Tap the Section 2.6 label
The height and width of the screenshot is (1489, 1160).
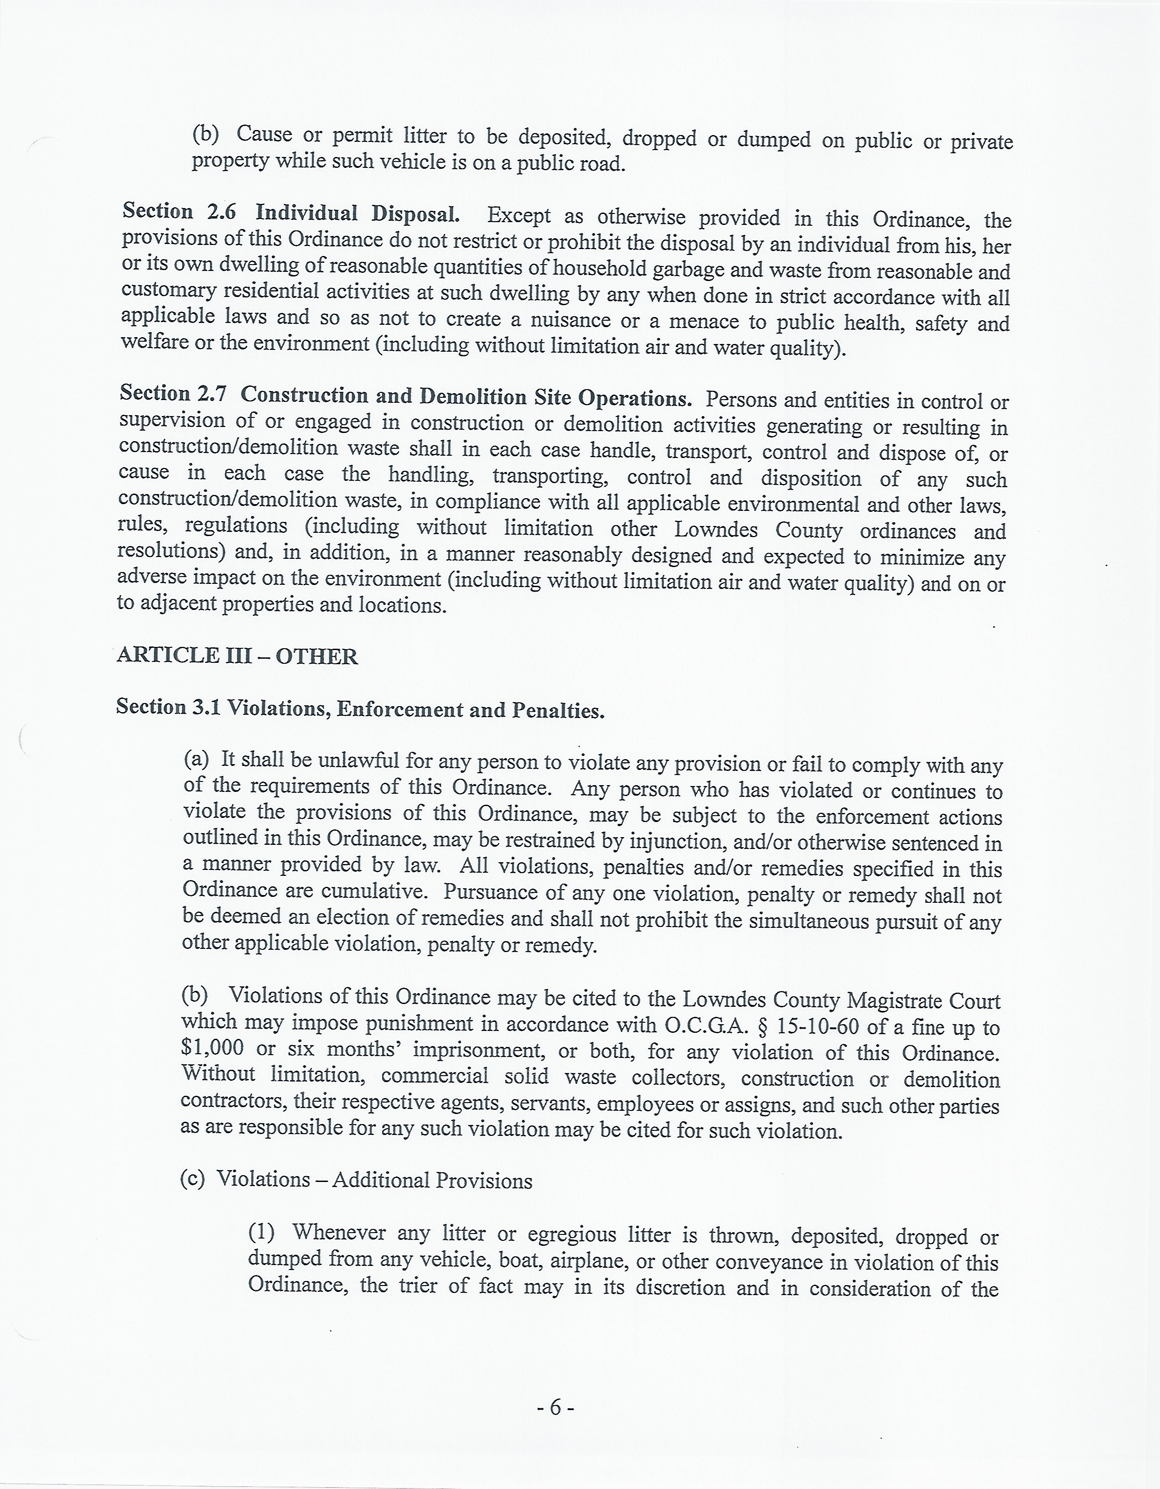click(179, 212)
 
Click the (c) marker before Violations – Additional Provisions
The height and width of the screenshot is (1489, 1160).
click(192, 1179)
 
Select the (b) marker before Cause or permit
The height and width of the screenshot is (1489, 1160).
click(205, 134)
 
